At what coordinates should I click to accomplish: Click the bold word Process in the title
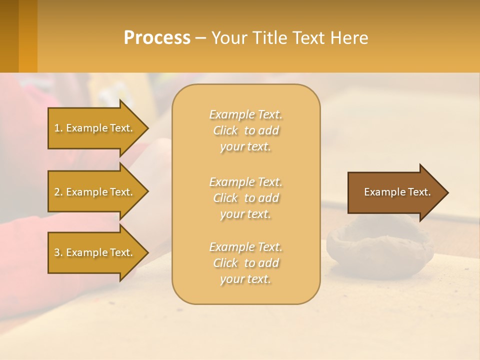[x=157, y=38]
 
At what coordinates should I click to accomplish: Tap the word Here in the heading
[x=349, y=38]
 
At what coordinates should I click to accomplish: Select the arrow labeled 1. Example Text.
[x=95, y=128]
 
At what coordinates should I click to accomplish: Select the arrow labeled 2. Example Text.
[x=95, y=192]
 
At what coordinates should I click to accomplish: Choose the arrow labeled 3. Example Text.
[x=95, y=252]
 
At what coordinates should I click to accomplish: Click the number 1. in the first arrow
[x=58, y=128]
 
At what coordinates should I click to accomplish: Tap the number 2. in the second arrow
[x=58, y=192]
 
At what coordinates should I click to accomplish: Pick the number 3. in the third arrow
[x=58, y=252]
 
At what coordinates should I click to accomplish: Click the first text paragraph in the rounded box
[x=245, y=130]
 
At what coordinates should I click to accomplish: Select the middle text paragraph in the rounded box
[x=245, y=198]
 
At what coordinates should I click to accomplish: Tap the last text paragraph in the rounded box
[x=245, y=263]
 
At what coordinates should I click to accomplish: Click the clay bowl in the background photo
[x=380, y=245]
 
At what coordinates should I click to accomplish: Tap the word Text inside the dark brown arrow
[x=419, y=192]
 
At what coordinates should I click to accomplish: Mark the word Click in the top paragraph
[x=225, y=130]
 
